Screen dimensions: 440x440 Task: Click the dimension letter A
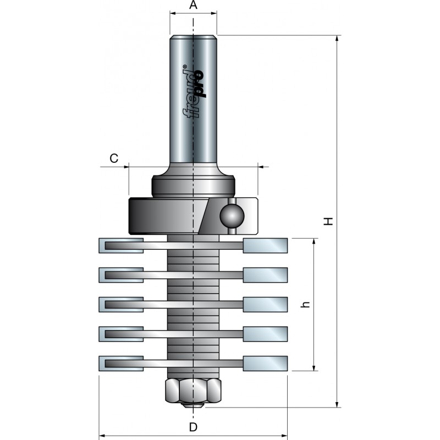[x=193, y=5]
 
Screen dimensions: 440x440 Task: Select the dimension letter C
[x=114, y=158]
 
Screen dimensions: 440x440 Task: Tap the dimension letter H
[x=328, y=221]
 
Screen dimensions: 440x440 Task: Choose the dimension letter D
[x=193, y=427]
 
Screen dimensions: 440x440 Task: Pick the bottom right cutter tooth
[x=266, y=362]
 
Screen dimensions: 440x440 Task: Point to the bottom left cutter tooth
[x=122, y=363]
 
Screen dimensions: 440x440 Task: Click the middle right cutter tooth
[x=266, y=304]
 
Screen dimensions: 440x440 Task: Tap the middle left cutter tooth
[x=121, y=304]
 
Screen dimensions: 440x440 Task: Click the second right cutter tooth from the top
[x=266, y=274]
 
